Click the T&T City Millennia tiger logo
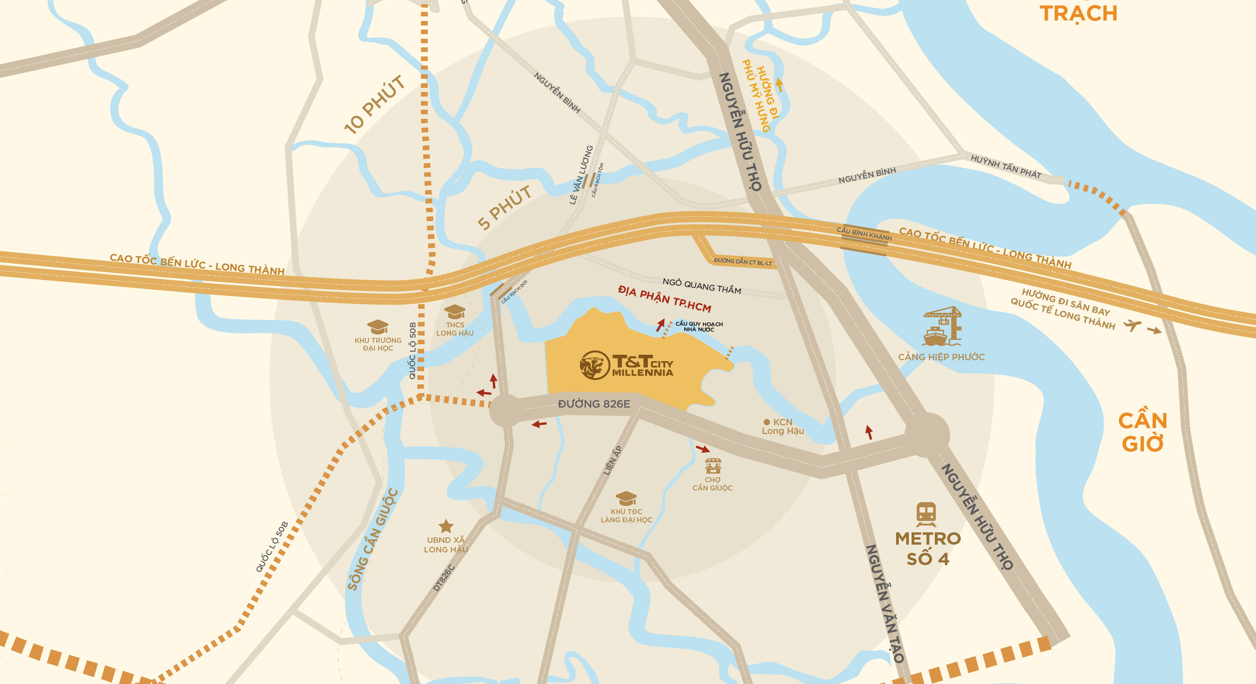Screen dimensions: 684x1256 595,365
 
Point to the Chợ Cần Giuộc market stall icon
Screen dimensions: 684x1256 713,465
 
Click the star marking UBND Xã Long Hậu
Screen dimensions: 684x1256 446,526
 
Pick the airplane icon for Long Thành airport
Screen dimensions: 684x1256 1132,325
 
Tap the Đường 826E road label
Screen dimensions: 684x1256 594,403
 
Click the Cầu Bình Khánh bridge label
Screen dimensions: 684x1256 864,234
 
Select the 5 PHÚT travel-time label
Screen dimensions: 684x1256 504,208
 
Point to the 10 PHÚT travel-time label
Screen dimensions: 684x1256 374,105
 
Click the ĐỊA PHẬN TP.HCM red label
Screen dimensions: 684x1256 665,299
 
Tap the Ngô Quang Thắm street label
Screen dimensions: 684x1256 702,286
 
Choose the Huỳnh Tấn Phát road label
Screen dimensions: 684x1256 1005,166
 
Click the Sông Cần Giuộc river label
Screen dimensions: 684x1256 373,540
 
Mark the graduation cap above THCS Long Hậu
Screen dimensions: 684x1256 454,311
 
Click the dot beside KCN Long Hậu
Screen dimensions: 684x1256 766,422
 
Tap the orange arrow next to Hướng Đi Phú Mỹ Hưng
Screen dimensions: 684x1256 779,85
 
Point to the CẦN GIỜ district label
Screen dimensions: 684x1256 1143,432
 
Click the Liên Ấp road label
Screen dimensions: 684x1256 612,460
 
